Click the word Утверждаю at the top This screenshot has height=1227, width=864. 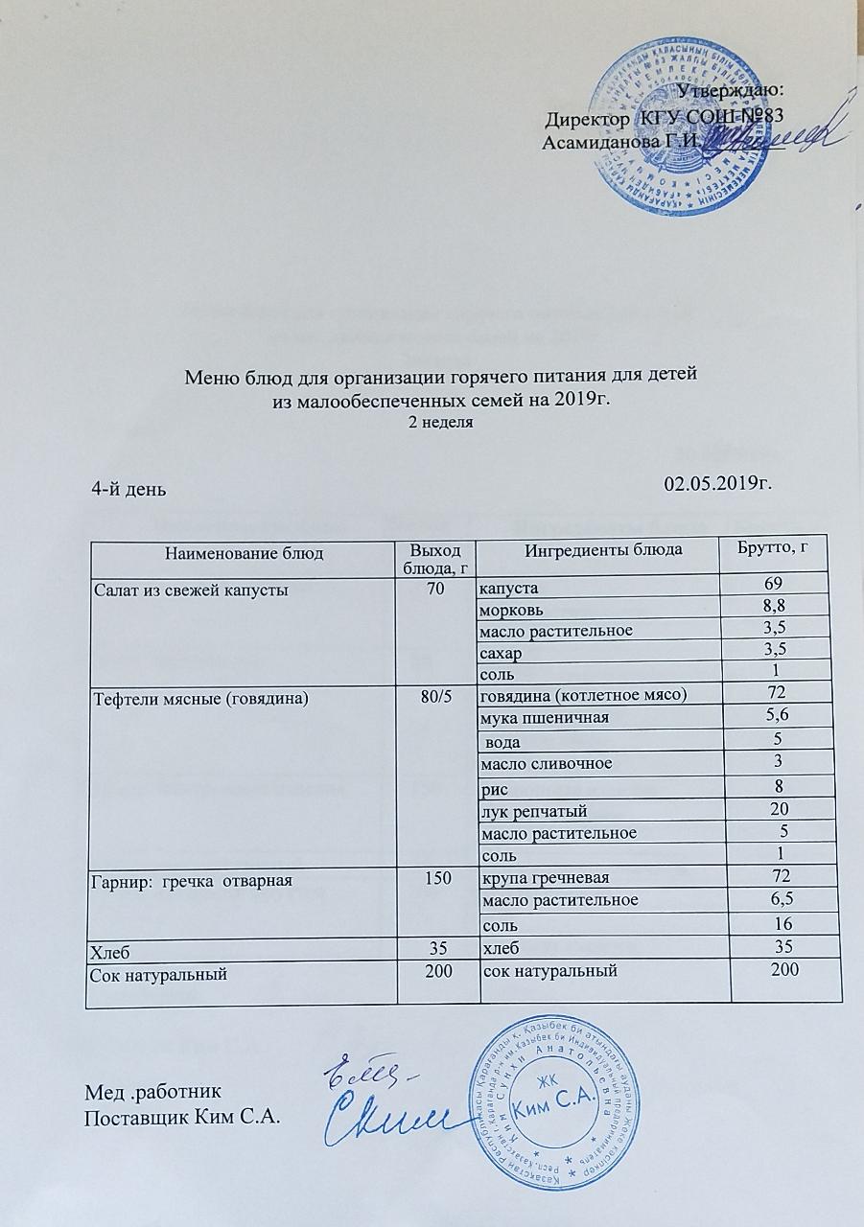tap(731, 90)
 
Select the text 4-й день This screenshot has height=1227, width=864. tap(128, 488)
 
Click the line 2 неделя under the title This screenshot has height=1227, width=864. tap(441, 422)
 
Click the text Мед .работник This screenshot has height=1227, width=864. tap(154, 1092)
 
